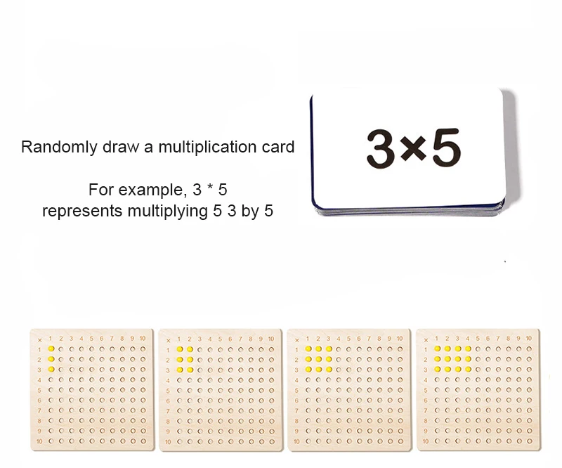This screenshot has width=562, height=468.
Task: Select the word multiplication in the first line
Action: tap(201, 148)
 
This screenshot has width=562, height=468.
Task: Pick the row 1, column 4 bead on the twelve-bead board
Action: tap(469, 349)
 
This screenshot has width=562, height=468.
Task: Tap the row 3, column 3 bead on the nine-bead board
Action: tap(329, 369)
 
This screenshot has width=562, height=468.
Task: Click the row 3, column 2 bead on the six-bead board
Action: tap(190, 369)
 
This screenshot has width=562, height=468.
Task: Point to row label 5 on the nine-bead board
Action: tap(298, 389)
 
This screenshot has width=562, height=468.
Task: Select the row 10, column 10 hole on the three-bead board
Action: tap(143, 441)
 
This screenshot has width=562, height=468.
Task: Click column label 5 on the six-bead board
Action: tap(221, 339)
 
